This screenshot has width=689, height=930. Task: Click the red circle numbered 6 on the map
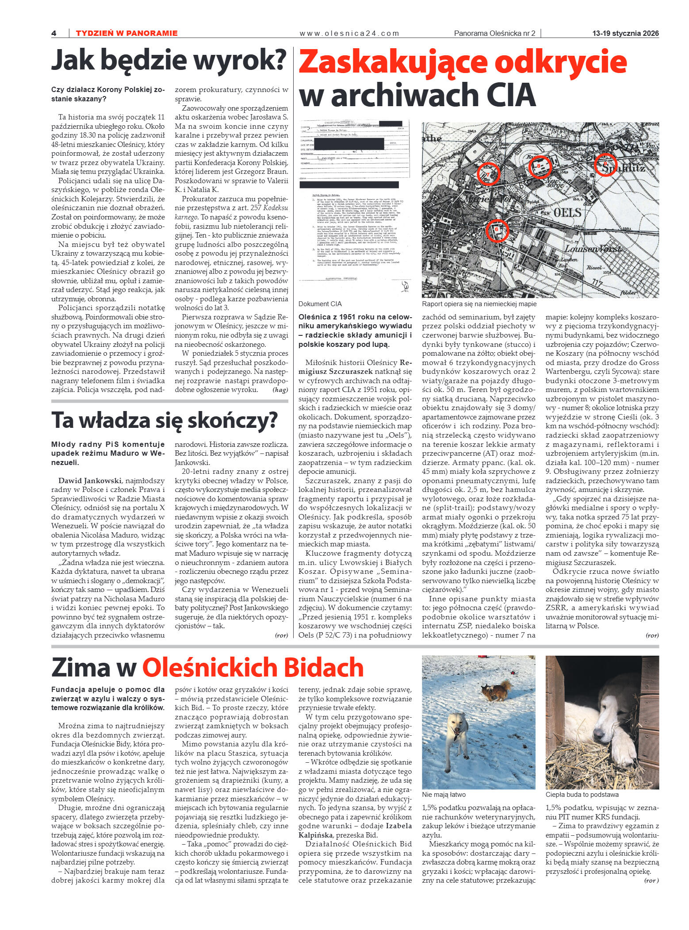[x=497, y=231]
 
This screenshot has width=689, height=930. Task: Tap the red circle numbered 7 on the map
[x=489, y=173]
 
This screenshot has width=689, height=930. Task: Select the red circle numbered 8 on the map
[x=540, y=167]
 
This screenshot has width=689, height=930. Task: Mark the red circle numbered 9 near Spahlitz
[x=605, y=165]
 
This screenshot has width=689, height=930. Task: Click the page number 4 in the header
[x=54, y=33]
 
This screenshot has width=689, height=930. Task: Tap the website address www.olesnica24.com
[x=349, y=33]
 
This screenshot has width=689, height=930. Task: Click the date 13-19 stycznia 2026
[x=625, y=33]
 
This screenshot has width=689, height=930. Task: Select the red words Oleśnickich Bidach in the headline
[x=253, y=668]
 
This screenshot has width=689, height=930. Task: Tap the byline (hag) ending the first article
[x=280, y=390]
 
